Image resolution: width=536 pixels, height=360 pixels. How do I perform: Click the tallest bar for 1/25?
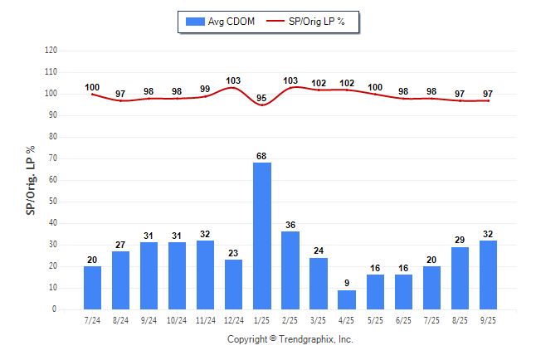click(262, 236)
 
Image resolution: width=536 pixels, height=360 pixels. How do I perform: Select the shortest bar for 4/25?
click(347, 299)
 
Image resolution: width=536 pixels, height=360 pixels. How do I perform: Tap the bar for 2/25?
click(290, 270)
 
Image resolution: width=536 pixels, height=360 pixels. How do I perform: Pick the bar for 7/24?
click(93, 288)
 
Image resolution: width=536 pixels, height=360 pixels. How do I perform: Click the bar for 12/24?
click(234, 285)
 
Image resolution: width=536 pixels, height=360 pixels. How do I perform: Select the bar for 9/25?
click(488, 275)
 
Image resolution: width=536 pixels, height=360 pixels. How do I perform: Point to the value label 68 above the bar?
click(262, 156)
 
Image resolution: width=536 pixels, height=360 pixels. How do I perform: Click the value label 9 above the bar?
click(347, 283)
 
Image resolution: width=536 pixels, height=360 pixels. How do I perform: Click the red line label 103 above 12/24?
click(234, 80)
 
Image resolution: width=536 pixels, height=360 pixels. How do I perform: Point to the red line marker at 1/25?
click(262, 105)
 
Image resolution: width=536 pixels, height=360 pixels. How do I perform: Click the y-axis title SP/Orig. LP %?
click(31, 178)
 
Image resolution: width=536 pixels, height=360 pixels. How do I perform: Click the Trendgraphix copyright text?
click(290, 339)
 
